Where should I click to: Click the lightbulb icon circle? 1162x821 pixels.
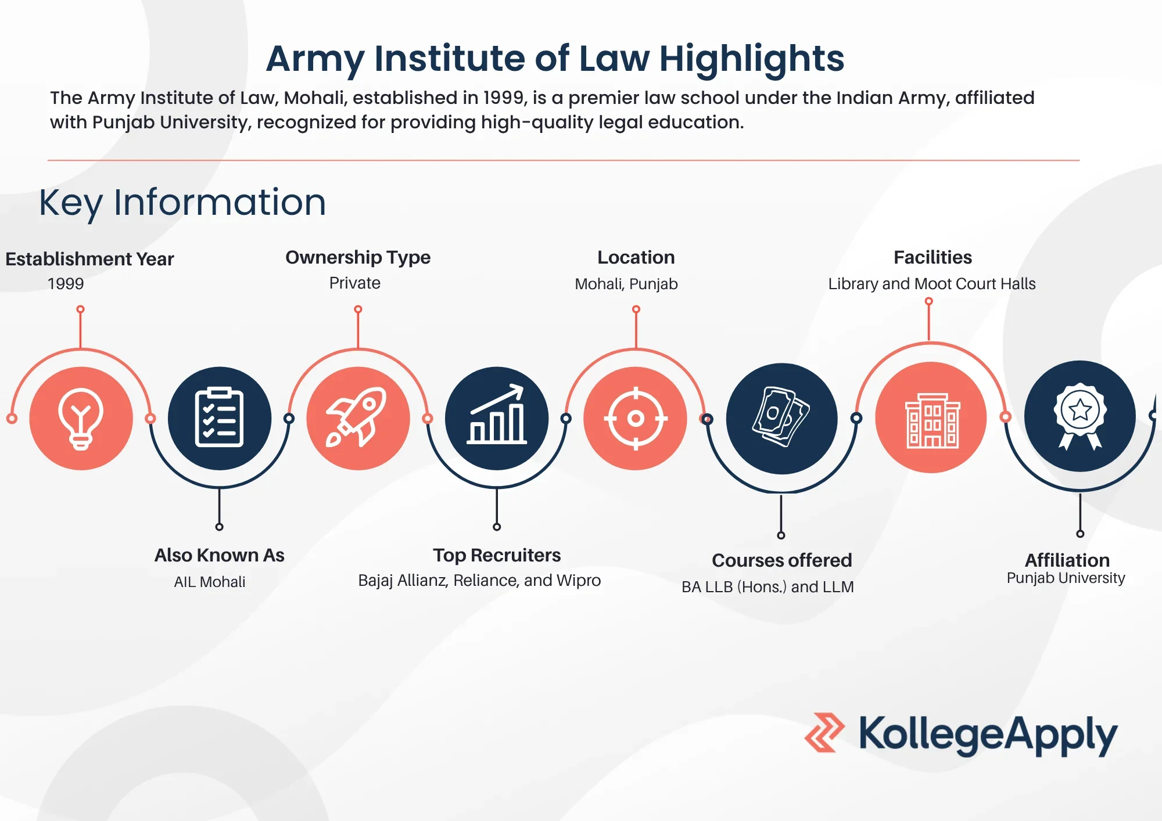point(81,418)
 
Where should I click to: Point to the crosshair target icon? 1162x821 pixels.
point(636,418)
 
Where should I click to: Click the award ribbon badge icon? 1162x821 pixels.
point(1080,416)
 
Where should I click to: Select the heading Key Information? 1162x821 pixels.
point(182,203)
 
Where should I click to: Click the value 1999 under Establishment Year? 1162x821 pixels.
point(66,283)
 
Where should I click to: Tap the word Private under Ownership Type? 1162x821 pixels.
point(355,283)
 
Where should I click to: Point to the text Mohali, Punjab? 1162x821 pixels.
point(626,284)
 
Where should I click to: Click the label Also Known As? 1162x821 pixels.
point(220,555)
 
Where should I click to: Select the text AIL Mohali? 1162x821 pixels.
point(210,582)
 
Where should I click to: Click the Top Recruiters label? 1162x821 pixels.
point(497,555)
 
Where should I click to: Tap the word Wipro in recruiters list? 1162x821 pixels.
point(578,581)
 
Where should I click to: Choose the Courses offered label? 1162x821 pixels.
point(782,560)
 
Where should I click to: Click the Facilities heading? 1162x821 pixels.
point(933,257)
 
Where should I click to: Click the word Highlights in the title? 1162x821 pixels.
point(752,59)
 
